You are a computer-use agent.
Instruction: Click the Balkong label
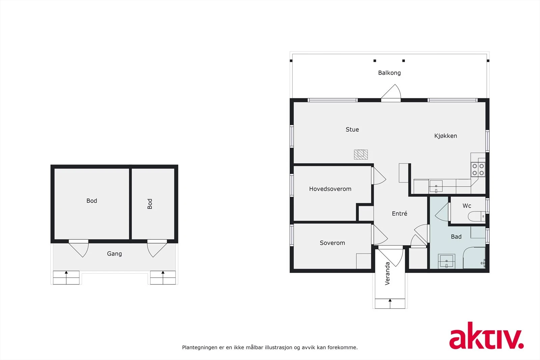coord(389,73)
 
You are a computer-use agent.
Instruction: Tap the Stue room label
coord(352,130)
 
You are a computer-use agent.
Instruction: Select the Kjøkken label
coord(446,136)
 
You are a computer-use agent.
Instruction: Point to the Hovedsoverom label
coord(330,189)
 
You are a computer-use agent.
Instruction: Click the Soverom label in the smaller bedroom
coord(332,243)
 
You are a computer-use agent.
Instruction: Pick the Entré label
coord(399,214)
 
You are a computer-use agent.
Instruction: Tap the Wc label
coord(467,206)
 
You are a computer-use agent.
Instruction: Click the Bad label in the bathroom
coord(456,237)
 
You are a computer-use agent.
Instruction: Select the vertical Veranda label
coord(387,273)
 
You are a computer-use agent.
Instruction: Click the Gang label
coord(114,254)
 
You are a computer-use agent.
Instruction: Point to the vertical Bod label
coord(150,204)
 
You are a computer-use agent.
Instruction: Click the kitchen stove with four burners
coord(478,169)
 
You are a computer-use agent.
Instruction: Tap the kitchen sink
coord(436,186)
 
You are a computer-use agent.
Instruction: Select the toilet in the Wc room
coord(477,216)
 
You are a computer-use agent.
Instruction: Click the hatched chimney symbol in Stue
coord(361,155)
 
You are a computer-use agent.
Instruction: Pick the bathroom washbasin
coord(446,261)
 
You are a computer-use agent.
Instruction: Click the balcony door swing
coord(391,92)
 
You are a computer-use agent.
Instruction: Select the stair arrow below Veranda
coord(390,301)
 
